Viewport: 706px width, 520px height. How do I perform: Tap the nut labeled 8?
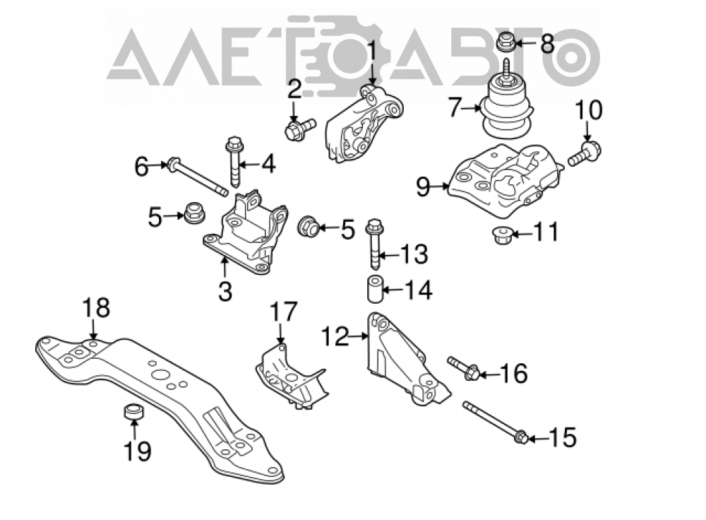pos(505,43)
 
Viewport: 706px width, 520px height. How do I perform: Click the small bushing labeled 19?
pos(133,412)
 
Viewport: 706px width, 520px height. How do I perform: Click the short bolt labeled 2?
pos(300,126)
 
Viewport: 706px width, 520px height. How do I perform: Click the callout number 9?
pos(423,187)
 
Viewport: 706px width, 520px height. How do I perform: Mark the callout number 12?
pos(335,336)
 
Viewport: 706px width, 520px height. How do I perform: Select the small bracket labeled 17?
pos(291,377)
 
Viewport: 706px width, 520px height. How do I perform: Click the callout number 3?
pos(225,291)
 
